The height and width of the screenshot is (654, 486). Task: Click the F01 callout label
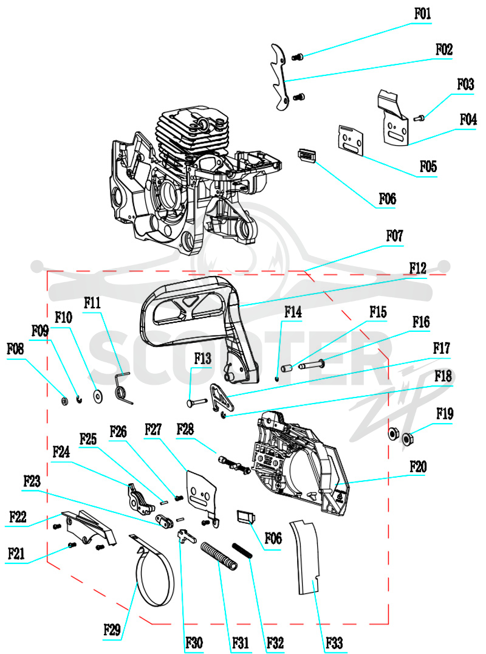coord(422,14)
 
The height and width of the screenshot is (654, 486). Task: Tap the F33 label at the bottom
coord(334,642)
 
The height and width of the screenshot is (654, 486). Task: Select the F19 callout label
coord(445,414)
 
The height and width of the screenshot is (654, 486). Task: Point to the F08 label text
coord(15,349)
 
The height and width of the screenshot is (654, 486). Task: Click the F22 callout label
coord(18,517)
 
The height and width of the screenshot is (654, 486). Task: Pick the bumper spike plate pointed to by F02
coord(279,78)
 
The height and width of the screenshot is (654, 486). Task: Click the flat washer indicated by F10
coord(98,396)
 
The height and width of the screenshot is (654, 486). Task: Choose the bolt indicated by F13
coord(196,402)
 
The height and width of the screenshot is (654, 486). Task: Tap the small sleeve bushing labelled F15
coord(287,369)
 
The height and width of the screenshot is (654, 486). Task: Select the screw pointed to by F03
coord(419,119)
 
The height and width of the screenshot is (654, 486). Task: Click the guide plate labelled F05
coord(351,140)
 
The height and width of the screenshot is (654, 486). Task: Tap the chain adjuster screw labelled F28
coord(234,464)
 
